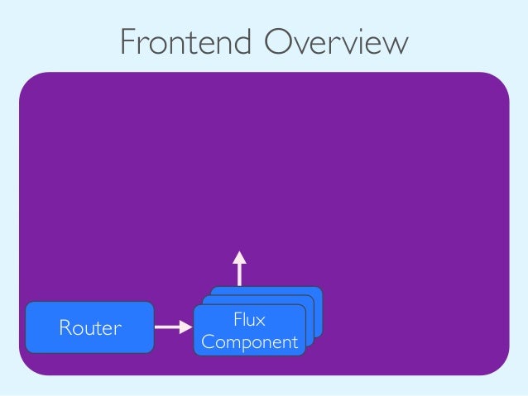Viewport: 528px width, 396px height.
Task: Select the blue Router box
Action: (x=89, y=327)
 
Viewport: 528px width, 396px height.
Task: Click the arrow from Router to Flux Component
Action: (x=173, y=327)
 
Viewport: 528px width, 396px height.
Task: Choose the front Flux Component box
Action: (x=249, y=330)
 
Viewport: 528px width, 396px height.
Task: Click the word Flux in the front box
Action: (x=249, y=319)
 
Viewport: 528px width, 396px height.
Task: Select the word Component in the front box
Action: (x=250, y=341)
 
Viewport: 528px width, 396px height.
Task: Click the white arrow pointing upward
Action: (x=240, y=269)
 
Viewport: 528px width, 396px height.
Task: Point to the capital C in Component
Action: (x=208, y=341)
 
